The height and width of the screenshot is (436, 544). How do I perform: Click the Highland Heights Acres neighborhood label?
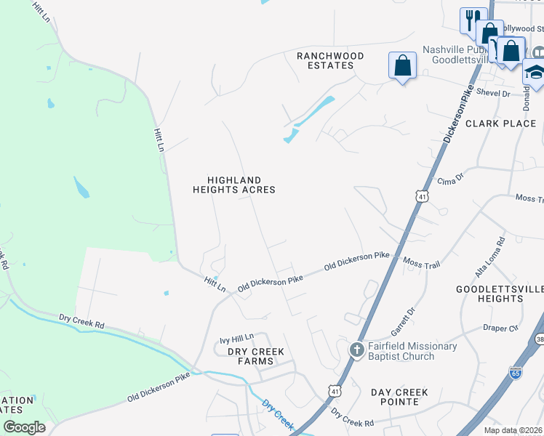(233, 185)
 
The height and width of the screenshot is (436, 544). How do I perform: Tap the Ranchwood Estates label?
(325, 60)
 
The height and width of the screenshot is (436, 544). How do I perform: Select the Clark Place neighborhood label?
(500, 124)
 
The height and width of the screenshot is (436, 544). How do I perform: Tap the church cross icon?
(356, 350)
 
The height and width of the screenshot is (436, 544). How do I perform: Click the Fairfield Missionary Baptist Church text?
(413, 351)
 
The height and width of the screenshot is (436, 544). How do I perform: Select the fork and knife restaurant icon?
(473, 19)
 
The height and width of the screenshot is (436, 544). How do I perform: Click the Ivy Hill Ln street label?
(237, 339)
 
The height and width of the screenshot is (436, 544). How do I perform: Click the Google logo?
(24, 427)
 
